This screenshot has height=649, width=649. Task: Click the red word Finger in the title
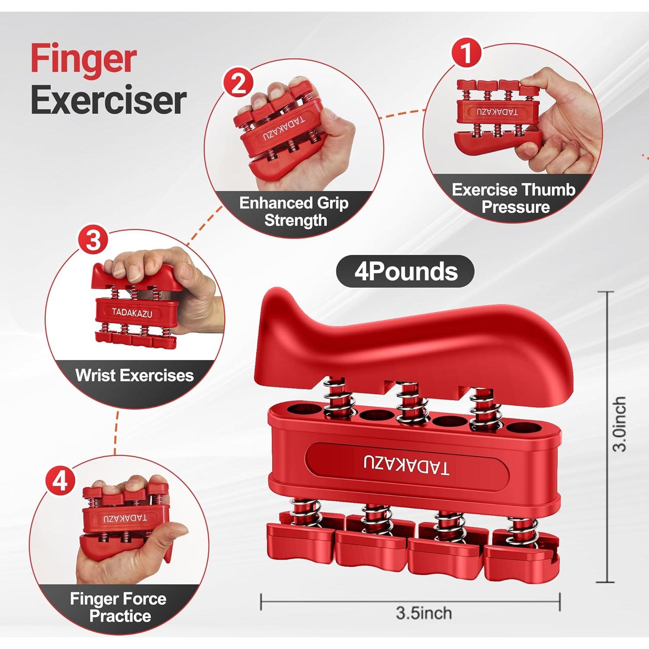pos(84,60)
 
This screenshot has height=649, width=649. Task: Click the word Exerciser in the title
pos(109,101)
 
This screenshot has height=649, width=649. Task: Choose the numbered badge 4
pos(60,480)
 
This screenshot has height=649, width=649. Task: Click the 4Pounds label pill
pos(405,272)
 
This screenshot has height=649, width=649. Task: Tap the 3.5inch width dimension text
pos(424,613)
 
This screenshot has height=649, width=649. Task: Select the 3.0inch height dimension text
pos(620,424)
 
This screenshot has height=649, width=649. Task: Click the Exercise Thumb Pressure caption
pos(514,198)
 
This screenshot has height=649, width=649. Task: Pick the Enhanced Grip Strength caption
pos(294,212)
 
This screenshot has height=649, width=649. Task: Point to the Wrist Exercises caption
pos(134,375)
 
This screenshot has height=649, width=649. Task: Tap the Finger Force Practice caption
pos(119,607)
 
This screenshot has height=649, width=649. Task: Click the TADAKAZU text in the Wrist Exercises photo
pos(132,312)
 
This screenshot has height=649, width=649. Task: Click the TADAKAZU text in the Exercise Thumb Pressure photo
pos(497,112)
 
